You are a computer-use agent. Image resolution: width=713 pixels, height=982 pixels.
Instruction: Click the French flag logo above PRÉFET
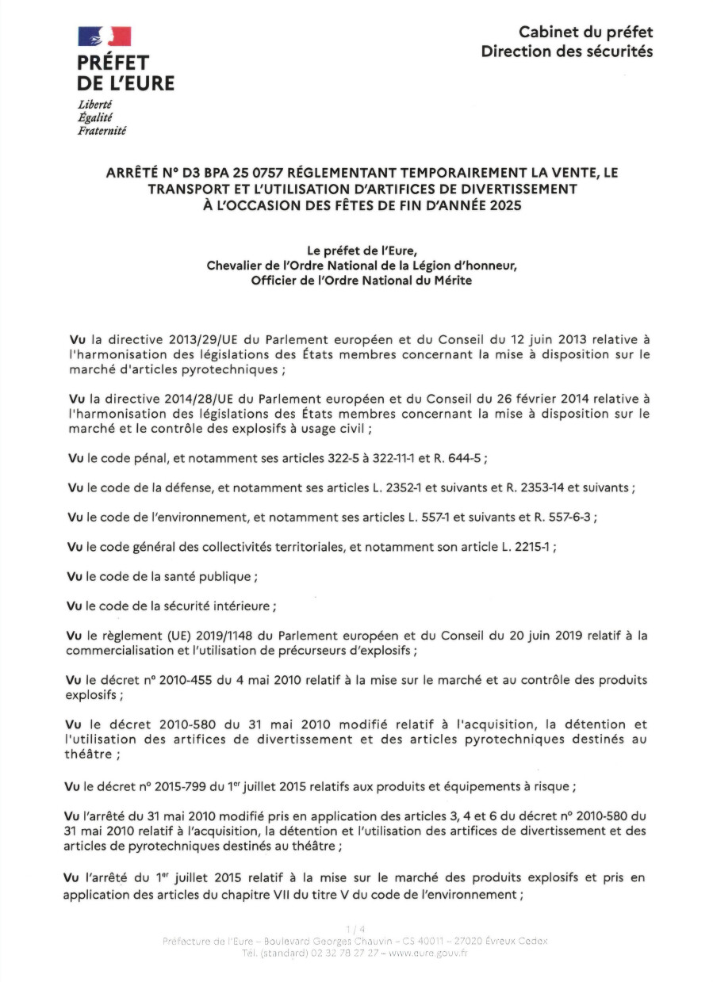pyautogui.click(x=104, y=36)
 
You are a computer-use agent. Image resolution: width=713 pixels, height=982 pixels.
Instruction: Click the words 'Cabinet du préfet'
pyautogui.click(x=585, y=32)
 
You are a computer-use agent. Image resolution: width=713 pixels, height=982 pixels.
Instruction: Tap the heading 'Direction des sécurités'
pyautogui.click(x=566, y=52)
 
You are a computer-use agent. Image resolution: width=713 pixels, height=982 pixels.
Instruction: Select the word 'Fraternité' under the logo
pyautogui.click(x=102, y=131)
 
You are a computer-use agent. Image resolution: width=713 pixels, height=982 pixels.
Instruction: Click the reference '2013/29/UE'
pyautogui.click(x=174, y=340)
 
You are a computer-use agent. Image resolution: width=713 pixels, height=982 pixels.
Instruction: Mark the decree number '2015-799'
pyautogui.click(x=174, y=786)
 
